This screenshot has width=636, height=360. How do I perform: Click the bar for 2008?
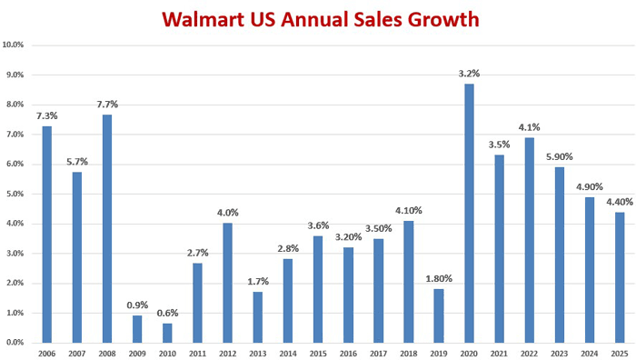[x=107, y=228]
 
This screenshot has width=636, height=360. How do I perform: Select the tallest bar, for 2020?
[x=470, y=213]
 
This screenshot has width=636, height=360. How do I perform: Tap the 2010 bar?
[x=167, y=333]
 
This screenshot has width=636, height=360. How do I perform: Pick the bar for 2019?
[x=439, y=315]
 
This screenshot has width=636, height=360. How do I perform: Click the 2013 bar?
[x=258, y=317]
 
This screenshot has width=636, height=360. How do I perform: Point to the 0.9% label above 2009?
[x=137, y=305]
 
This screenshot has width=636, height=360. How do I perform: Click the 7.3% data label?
[x=47, y=116]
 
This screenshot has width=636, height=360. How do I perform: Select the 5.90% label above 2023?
[x=560, y=156]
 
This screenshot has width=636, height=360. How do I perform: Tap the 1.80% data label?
[x=439, y=279]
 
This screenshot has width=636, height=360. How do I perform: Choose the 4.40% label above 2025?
[x=620, y=202]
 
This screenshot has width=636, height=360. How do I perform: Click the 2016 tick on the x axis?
[x=348, y=354]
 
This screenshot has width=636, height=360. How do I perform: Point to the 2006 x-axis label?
[x=47, y=354]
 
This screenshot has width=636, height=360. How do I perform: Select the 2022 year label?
[x=530, y=354]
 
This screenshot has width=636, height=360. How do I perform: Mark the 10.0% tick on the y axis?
[x=13, y=45]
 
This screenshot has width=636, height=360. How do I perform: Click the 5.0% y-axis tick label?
[x=15, y=194]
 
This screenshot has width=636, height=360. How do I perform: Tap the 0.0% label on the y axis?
[x=15, y=343]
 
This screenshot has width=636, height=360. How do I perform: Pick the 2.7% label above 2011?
[x=197, y=254]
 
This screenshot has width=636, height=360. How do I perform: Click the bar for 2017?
[x=379, y=291]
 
